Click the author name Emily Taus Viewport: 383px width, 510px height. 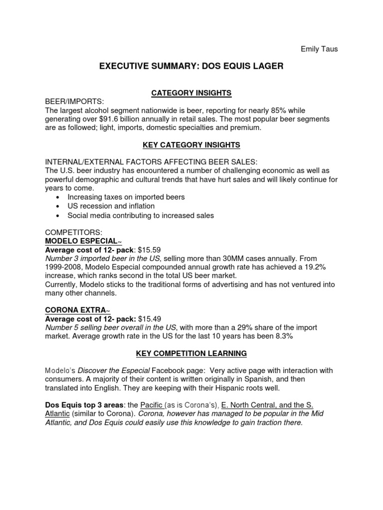coord(319,49)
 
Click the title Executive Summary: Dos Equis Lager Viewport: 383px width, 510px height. coord(191,66)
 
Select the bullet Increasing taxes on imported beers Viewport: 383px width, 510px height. coord(126,197)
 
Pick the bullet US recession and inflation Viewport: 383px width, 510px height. coord(111,206)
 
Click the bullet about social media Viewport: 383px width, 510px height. coord(141,216)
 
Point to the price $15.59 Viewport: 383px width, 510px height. coord(149,250)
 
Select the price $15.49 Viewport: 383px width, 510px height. coord(149,319)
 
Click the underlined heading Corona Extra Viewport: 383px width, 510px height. coord(79,310)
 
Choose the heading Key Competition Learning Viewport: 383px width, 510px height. coord(191,354)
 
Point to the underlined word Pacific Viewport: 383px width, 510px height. coord(152,405)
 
